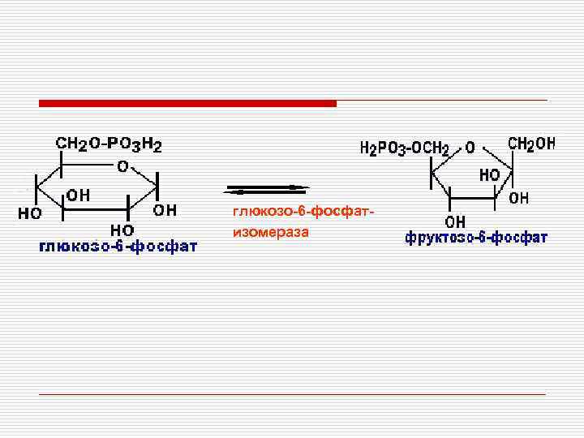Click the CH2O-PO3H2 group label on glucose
point(109,145)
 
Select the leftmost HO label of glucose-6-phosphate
point(31,214)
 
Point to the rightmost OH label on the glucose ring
point(165,210)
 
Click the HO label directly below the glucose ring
point(122,230)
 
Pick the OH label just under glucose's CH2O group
point(78,195)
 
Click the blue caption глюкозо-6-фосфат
point(118,247)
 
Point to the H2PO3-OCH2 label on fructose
point(404,148)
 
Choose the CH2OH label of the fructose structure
point(531,144)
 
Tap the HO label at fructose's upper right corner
point(489,174)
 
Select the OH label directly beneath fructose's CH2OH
point(518,197)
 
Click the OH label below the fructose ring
point(455,221)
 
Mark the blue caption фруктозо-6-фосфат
point(476,238)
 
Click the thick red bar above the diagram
point(188,103)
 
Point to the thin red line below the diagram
point(292,393)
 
